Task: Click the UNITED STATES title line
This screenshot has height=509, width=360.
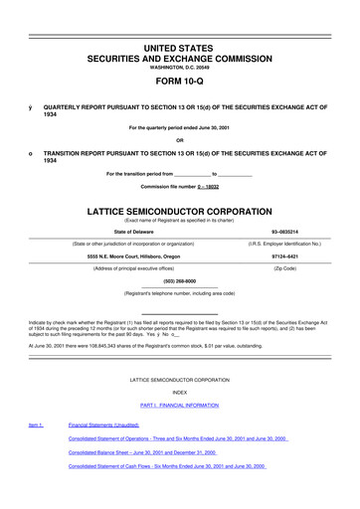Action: [x=179, y=22]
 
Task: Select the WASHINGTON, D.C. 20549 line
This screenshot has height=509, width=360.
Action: [x=179, y=51]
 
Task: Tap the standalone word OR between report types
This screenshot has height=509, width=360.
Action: [x=179, y=137]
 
